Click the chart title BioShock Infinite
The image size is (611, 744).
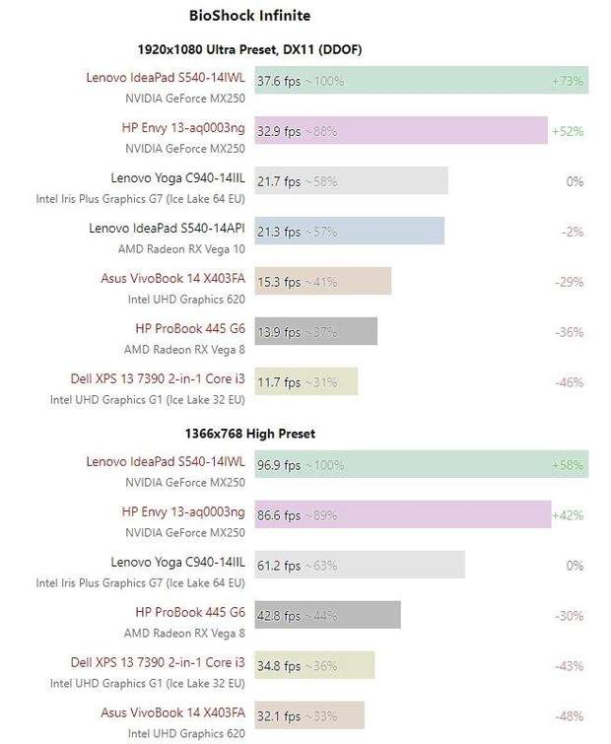[x=249, y=16]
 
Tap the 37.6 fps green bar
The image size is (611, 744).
[x=421, y=81]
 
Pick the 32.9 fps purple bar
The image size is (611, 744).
[x=400, y=130]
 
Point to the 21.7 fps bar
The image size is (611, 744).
[x=351, y=181]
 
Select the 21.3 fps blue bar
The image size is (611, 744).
[x=349, y=232]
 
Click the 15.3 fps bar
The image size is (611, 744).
[x=322, y=282]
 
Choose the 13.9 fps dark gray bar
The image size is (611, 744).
[x=315, y=332]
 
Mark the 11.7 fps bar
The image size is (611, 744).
[x=305, y=382]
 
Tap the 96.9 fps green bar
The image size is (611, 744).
[x=421, y=464]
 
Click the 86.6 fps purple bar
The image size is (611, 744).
[x=402, y=514]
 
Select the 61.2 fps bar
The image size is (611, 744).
[x=360, y=565]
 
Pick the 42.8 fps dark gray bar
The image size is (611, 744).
[x=327, y=615]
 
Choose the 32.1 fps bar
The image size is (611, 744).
[x=309, y=715]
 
